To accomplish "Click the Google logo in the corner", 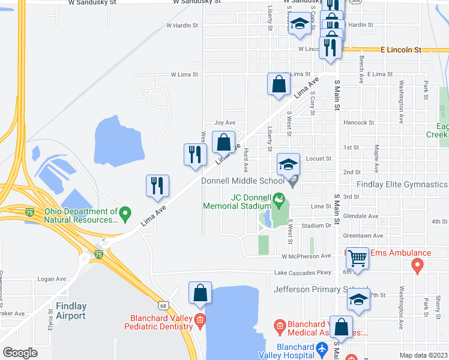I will (x=20, y=352).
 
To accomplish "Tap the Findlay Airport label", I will (x=71, y=311).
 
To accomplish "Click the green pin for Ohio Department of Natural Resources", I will (x=125, y=212).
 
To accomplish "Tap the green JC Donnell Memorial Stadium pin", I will (x=279, y=198).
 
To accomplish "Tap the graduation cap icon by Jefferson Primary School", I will (x=359, y=299).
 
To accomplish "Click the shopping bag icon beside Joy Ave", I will (x=223, y=143).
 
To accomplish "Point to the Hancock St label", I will (x=359, y=122).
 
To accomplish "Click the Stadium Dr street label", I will (x=316, y=226).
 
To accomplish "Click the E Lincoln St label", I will (x=402, y=50).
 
